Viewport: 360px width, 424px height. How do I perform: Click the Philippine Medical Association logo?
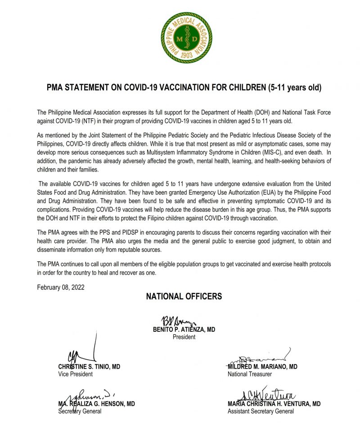[x=186, y=38]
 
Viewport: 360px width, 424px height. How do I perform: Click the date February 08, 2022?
[x=61, y=287]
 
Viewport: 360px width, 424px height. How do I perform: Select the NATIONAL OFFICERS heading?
[x=184, y=297]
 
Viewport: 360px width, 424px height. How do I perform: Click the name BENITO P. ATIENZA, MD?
[x=184, y=329]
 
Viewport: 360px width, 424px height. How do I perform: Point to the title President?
[x=184, y=337]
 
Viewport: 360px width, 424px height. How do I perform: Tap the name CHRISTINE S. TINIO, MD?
[x=89, y=367]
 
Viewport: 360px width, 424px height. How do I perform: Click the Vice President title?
[x=76, y=374]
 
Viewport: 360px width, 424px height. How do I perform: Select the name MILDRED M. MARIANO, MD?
[x=262, y=367]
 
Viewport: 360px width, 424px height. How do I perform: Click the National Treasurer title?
[x=250, y=374]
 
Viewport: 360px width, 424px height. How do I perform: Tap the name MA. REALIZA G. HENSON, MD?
[x=96, y=404]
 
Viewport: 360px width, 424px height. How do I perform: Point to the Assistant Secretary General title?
[x=261, y=411]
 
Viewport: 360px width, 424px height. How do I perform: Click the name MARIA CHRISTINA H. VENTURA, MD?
[x=274, y=404]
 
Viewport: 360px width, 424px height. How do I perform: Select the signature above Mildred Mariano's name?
[x=261, y=358]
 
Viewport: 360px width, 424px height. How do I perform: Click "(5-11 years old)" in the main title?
[x=293, y=87]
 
